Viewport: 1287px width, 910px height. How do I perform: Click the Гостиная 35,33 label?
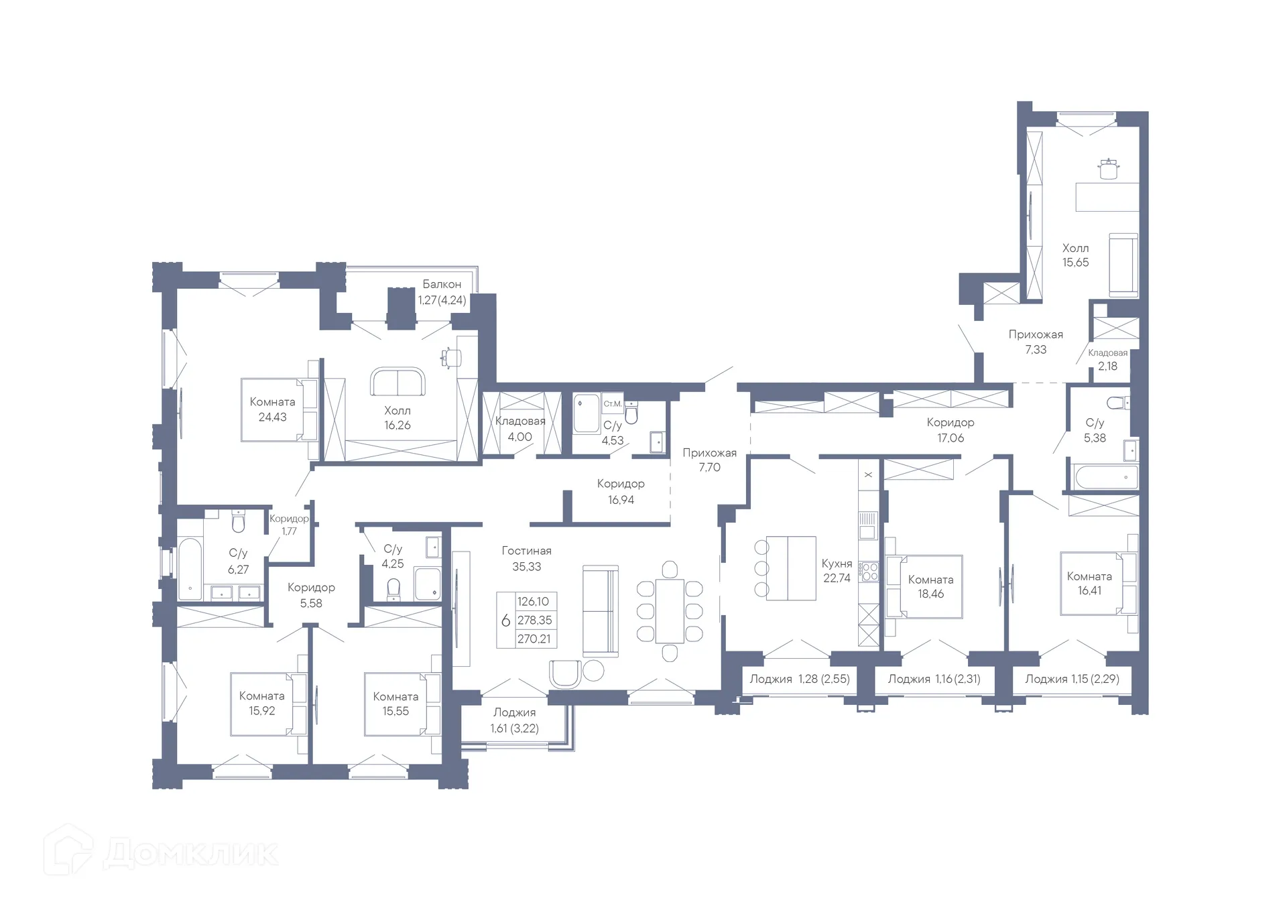[526, 558]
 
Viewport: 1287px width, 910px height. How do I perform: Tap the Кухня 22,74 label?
[837, 570]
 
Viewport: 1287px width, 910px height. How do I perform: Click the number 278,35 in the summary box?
[534, 620]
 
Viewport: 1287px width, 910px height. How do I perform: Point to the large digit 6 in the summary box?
[505, 621]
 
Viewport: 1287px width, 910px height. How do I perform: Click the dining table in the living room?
[670, 610]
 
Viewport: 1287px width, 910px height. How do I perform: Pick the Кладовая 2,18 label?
[1107, 359]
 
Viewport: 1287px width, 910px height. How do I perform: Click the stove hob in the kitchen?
[869, 572]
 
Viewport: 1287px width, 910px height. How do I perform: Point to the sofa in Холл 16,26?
[397, 381]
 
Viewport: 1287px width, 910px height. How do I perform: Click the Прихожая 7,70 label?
[709, 460]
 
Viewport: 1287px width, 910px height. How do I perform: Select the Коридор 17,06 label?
[951, 430]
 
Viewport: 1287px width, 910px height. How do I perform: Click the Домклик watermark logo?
[161, 852]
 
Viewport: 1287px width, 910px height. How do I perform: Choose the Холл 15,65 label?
[1075, 255]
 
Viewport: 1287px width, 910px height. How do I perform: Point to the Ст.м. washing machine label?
[612, 403]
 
